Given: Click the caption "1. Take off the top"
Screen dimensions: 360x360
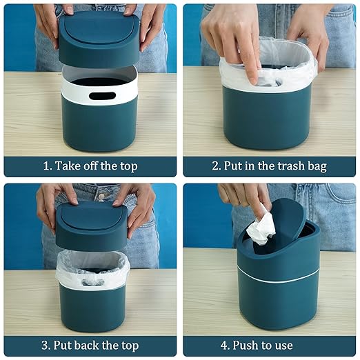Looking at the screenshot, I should click(90, 166).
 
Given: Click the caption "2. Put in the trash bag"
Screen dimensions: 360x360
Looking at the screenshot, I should click(269, 166).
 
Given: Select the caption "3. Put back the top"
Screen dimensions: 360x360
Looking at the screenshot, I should click(90, 346).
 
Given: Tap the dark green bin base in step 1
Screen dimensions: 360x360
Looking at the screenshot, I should click(99, 128).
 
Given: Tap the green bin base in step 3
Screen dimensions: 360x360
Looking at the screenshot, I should click(92, 307).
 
